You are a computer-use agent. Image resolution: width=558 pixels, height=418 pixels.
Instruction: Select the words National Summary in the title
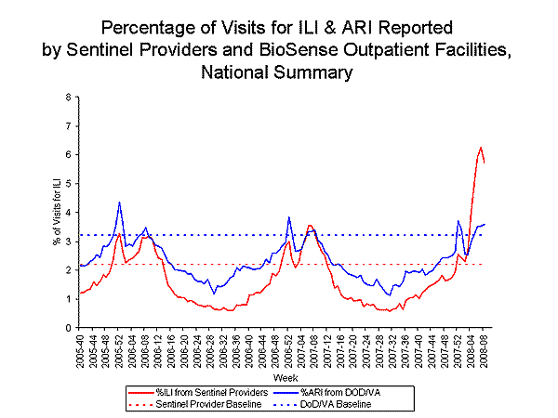pyautogui.click(x=279, y=70)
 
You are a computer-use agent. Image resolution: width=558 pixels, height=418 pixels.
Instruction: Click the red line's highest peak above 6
pyautogui.click(x=481, y=148)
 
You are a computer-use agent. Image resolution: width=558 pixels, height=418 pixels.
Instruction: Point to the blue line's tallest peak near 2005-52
pyautogui.click(x=120, y=202)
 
